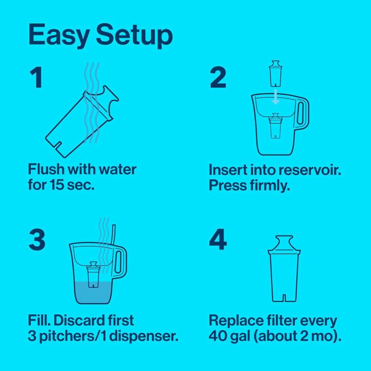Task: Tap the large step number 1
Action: pos(36,78)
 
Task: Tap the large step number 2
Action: pos(218,78)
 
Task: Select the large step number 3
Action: pos(37,241)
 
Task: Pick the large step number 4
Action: pos(218,241)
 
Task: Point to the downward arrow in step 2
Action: pos(276,96)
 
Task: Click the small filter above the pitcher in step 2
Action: pos(276,73)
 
